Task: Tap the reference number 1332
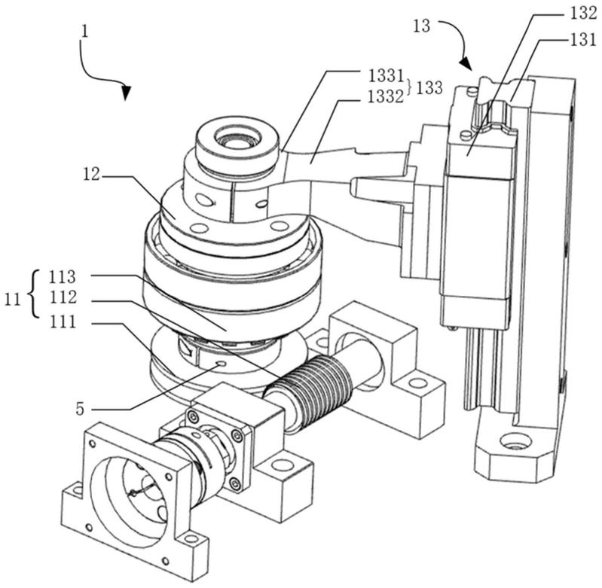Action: click(386, 97)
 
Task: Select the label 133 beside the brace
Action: click(429, 88)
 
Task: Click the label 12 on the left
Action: click(91, 175)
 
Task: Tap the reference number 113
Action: click(63, 277)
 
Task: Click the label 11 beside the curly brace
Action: click(12, 300)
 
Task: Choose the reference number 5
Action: click(79, 410)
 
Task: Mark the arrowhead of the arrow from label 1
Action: click(126, 92)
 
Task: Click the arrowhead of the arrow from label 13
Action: click(466, 64)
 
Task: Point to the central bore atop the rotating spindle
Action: click(238, 139)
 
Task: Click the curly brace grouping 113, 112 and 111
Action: click(35, 294)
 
